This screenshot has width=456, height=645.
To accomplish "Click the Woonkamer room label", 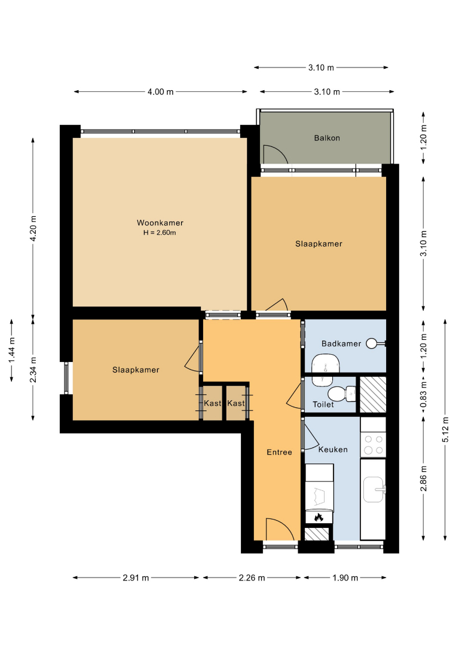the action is coord(160,223).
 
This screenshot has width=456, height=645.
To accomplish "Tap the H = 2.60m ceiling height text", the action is coord(160,233).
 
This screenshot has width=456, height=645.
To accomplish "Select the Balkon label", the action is coord(327,138).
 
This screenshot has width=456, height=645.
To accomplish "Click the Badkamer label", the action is coord(341,343).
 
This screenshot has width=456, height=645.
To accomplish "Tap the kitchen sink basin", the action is coord(374,490).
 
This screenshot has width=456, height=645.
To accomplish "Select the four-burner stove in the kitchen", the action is coord(374,445).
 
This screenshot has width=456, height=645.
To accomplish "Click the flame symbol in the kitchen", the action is coord(319,517).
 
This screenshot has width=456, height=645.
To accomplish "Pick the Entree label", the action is coord(280,452).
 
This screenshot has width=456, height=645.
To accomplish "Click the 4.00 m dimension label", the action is coord(161,92).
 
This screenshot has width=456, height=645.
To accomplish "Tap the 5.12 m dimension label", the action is coord(445,429).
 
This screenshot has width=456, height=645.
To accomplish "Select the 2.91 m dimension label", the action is coord(136,578).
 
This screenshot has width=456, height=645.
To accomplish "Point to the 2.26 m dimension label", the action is coord(252,578).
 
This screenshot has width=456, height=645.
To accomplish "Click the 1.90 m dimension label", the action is coord(345,578).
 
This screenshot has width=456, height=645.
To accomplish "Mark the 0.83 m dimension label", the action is coord(424,395).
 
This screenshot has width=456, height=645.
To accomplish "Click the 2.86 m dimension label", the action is coord(424,478).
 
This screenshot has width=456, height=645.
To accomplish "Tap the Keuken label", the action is coord(333,450).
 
